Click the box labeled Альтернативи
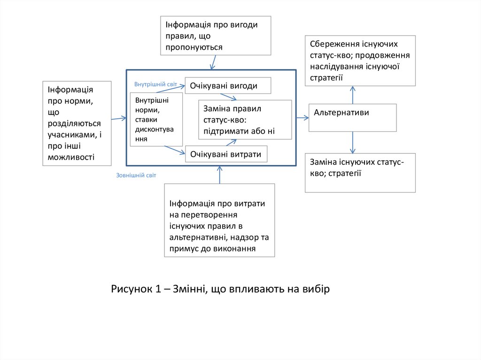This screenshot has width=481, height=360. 352,117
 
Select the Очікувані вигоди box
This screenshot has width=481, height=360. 228,85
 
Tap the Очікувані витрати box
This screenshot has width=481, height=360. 226,154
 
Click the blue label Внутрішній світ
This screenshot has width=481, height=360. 155,84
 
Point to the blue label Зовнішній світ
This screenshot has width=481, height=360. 136,175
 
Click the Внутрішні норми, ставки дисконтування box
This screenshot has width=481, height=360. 156,119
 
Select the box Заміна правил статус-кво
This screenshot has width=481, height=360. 245,120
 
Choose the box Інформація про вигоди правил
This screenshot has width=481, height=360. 216,36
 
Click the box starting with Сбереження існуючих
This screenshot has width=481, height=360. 360,61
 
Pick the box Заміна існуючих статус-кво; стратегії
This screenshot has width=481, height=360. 360,172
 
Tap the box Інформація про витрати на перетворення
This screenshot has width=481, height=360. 219,220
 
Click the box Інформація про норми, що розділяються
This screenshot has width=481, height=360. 77,123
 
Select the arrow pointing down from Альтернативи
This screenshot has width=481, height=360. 353,142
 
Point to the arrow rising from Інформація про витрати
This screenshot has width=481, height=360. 219,175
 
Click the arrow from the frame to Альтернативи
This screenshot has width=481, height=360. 303,117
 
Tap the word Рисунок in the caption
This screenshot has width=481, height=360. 130,289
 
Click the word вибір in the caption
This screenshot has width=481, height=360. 317,289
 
